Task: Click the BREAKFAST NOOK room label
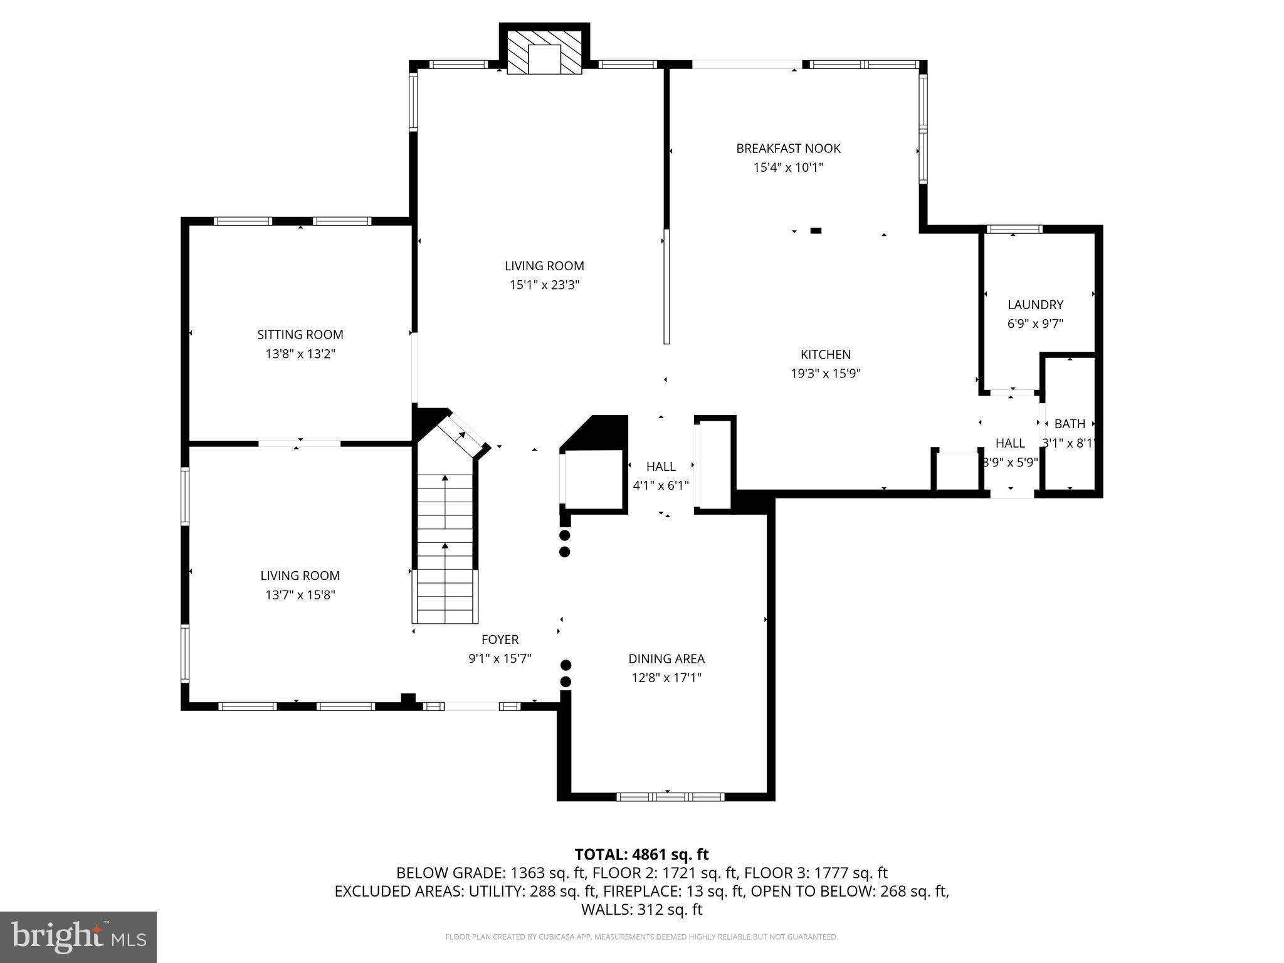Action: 788,149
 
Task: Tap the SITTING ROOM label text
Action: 300,335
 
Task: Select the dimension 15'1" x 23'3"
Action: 544,285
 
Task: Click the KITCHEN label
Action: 825,354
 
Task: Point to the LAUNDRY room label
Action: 1035,305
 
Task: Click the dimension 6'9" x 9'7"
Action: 1035,324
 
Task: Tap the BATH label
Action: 1070,424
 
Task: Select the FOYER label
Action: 500,639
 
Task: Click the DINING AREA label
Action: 666,659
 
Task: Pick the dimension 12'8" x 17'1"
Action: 666,678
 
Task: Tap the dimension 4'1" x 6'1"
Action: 661,485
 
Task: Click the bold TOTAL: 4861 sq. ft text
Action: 641,855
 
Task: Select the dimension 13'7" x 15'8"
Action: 300,595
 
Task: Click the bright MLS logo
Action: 78,937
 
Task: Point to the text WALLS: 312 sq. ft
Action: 641,910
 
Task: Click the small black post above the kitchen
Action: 816,231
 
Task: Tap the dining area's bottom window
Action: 670,797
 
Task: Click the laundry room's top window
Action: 1014,229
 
